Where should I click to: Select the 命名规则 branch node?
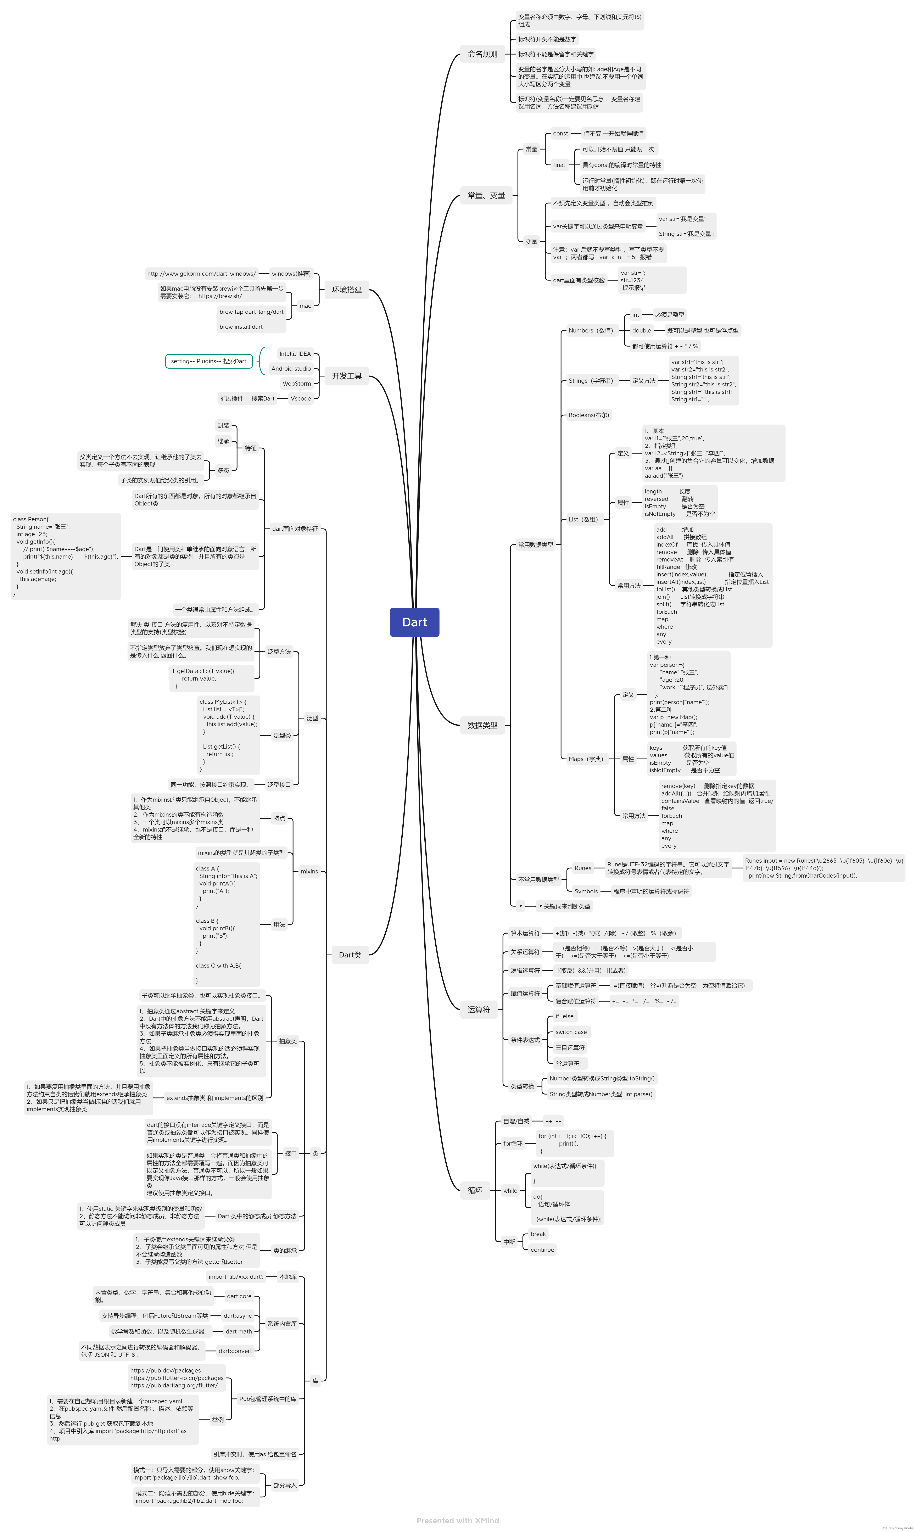pyautogui.click(x=482, y=54)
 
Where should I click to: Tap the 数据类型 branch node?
pyautogui.click(x=482, y=725)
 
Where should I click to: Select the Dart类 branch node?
pyautogui.click(x=350, y=955)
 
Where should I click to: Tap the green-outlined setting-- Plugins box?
pyautogui.click(x=209, y=361)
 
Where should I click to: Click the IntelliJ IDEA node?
pyautogui.click(x=295, y=354)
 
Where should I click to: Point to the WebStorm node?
pyautogui.click(x=297, y=383)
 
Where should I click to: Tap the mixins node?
pyautogui.click(x=309, y=872)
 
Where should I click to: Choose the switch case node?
pyautogui.click(x=571, y=1032)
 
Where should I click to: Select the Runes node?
pyautogui.click(x=583, y=868)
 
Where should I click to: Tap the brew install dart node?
pyautogui.click(x=241, y=327)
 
